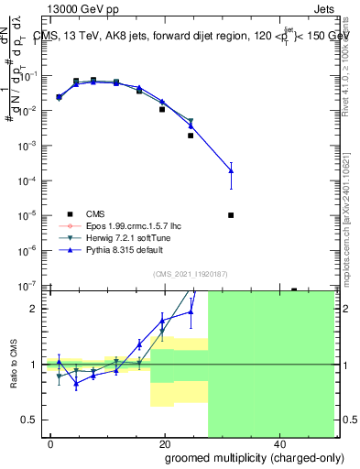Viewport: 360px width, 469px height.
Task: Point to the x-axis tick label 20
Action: click(164, 443)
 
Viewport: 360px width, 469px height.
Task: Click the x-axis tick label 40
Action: click(278, 443)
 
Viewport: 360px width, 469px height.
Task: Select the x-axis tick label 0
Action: click(51, 443)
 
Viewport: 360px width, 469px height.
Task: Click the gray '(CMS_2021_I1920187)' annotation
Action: click(190, 272)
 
